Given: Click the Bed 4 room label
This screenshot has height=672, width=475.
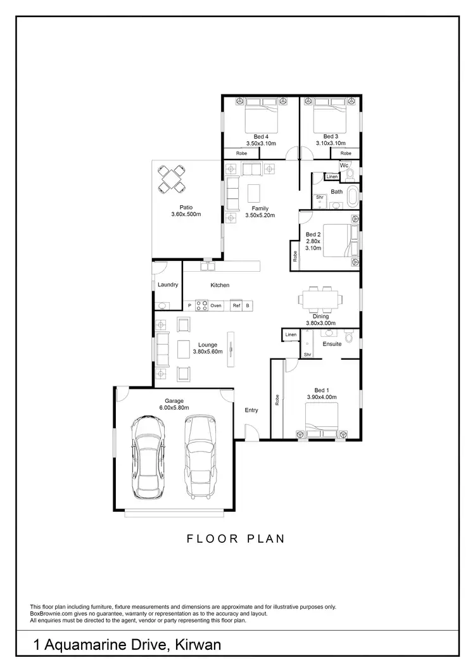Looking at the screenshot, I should [x=259, y=136].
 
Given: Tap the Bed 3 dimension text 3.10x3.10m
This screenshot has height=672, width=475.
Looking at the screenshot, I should [x=330, y=144].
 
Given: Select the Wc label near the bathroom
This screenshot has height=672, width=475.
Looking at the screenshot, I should [x=345, y=165].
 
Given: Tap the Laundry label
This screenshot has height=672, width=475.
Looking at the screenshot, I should [x=168, y=285].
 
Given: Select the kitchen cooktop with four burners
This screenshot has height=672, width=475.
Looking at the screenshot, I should [x=202, y=305].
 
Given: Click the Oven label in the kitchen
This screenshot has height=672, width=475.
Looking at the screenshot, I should [x=216, y=305].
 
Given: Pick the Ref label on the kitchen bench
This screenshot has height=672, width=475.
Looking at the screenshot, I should [x=236, y=305].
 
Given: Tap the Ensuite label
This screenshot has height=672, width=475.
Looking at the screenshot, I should [x=332, y=344].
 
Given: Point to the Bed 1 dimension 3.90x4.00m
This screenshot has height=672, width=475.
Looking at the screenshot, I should [x=322, y=397].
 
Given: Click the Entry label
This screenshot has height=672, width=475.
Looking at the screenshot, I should [x=251, y=410].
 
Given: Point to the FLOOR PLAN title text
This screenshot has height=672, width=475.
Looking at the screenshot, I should [x=236, y=539].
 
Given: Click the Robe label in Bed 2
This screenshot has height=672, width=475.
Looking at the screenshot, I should [x=295, y=257].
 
